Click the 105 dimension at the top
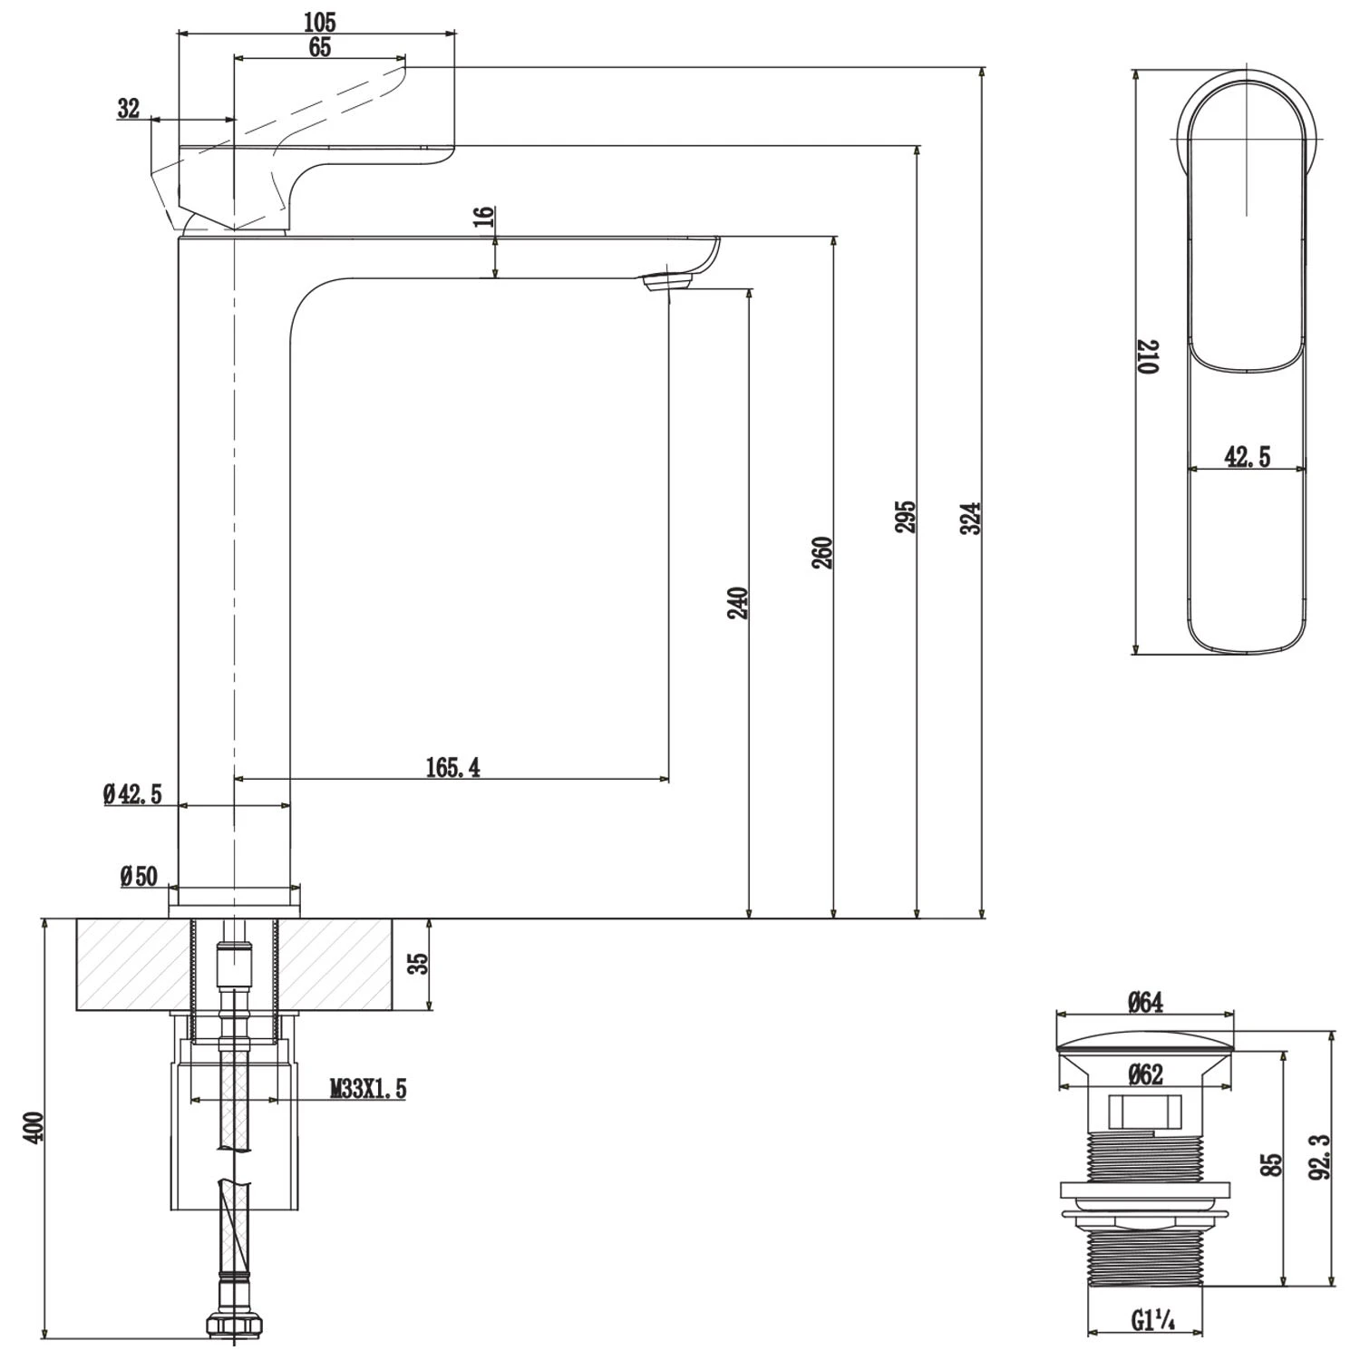319,22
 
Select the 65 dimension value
320,48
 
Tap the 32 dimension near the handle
129,108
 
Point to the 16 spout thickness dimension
485,217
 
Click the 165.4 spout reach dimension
453,768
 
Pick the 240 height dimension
739,603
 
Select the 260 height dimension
823,553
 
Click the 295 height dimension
906,516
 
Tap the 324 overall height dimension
971,518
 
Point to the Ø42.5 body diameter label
132,795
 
